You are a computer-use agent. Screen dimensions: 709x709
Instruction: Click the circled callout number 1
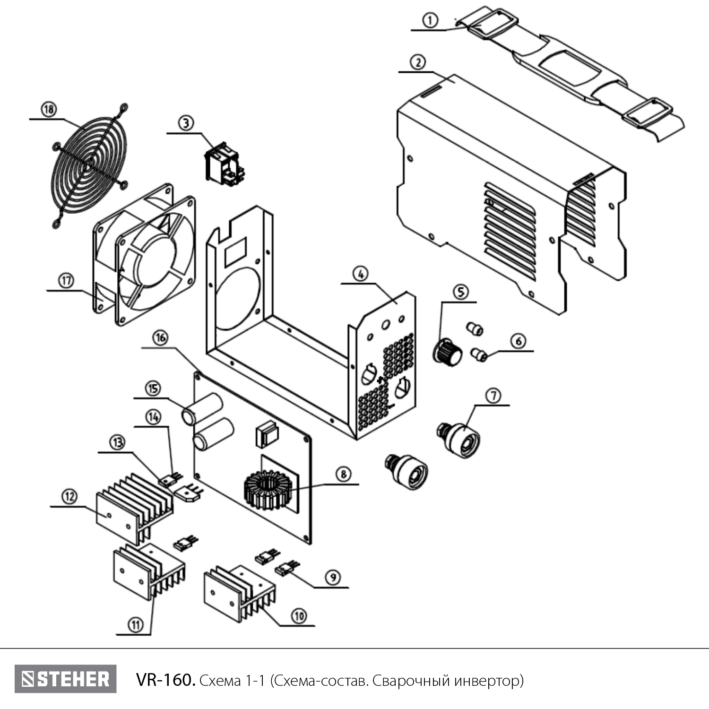(430, 20)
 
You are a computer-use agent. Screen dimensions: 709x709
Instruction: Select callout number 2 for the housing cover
(418, 62)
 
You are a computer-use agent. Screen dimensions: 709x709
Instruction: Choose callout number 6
(519, 341)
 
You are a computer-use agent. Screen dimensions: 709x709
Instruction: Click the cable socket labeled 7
(458, 439)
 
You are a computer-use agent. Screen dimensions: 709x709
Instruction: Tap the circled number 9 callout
(333, 577)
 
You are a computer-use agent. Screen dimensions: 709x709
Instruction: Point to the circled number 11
(136, 624)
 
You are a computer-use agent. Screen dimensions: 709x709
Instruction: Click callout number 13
(118, 442)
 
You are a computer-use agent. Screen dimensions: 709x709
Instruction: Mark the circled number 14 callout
(153, 417)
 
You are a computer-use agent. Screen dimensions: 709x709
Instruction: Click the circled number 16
(160, 338)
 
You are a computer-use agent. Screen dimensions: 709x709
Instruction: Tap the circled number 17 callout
(66, 281)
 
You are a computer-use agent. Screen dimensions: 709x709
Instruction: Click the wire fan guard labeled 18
(90, 165)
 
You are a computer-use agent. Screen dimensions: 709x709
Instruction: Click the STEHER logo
(65, 679)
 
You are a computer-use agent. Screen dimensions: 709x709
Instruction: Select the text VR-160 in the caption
(165, 680)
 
